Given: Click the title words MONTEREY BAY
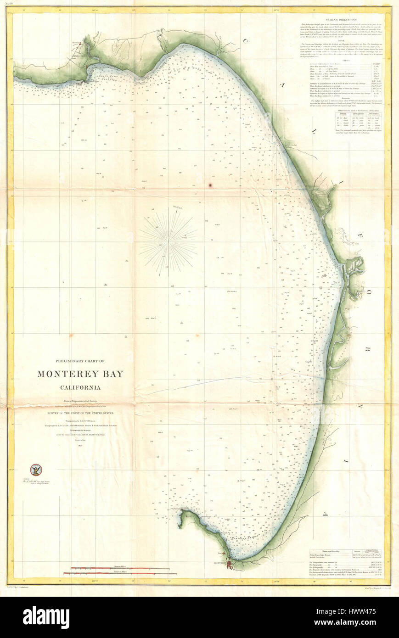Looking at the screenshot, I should [80, 374].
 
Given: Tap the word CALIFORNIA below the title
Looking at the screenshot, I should [80, 387].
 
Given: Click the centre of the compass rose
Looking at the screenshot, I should [168, 242].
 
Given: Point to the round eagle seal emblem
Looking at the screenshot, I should [35, 469].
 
